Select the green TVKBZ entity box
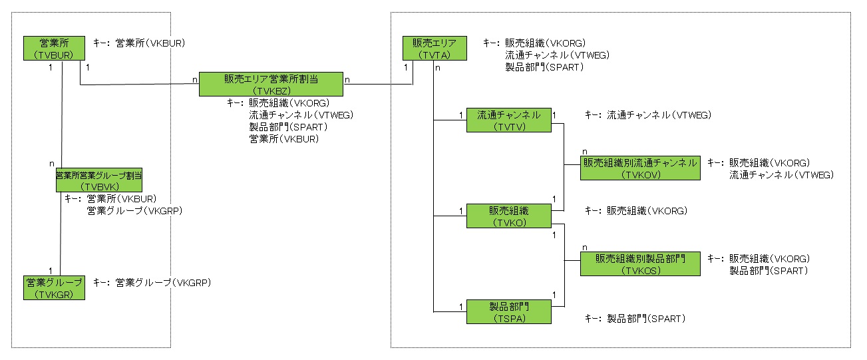click(x=271, y=84)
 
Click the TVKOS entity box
click(x=639, y=264)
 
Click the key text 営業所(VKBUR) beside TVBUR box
click(x=150, y=43)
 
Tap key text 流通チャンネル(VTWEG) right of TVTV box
click(x=659, y=115)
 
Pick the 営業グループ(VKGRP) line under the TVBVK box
click(x=134, y=210)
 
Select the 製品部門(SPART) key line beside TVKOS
click(x=769, y=271)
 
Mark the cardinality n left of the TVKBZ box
click(x=194, y=79)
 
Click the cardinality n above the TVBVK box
click(x=51, y=162)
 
